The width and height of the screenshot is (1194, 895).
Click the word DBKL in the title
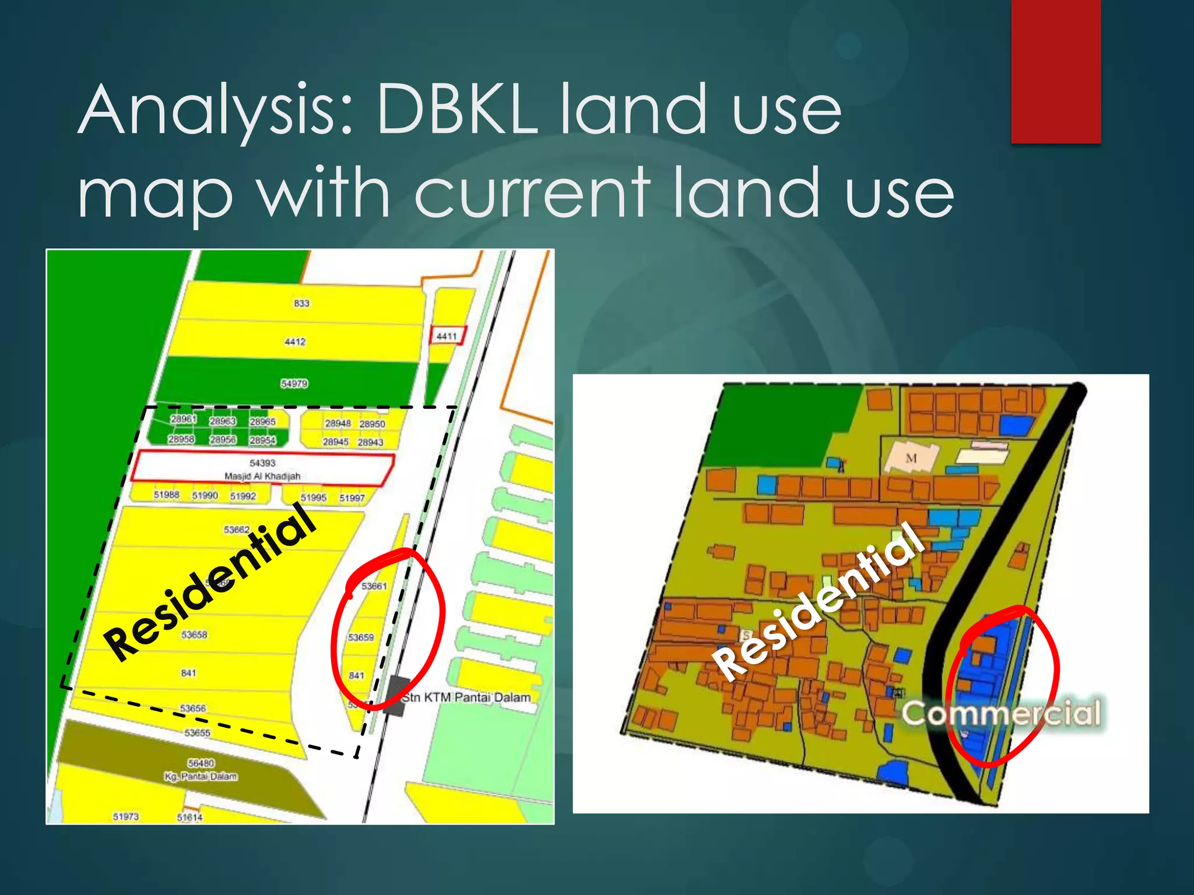pos(456,110)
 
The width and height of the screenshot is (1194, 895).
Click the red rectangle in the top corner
pos(1056,71)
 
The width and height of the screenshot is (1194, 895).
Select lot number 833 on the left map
pos(301,303)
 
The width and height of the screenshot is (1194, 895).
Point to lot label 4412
pos(295,341)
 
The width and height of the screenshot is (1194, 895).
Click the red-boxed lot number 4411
pos(447,336)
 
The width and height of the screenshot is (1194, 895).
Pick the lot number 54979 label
pos(294,383)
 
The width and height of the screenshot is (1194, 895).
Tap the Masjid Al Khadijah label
pos(262,476)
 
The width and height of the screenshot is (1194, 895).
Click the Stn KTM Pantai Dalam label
pos(467,697)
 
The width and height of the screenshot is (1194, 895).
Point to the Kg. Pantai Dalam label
pos(201,776)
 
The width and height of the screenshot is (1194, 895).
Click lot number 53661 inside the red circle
pos(374,586)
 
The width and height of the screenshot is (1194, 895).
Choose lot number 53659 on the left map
pos(361,637)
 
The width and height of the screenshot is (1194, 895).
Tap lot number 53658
pos(194,635)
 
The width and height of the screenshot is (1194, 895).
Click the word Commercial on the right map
pos(1002,713)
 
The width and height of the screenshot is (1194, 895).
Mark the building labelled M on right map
pos(911,459)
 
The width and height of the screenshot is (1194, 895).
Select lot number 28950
pos(372,424)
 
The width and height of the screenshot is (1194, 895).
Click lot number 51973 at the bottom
pos(126,816)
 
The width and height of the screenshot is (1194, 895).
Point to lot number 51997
pos(352,498)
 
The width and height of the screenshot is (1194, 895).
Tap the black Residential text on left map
pos(210,583)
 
